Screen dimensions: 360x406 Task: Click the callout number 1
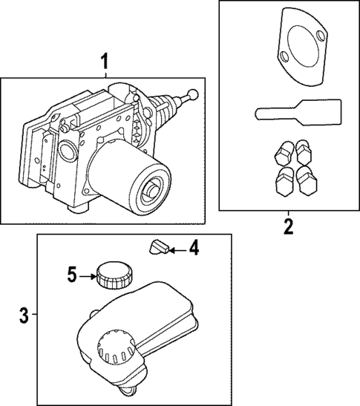click(x=104, y=61)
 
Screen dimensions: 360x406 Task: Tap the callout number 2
click(x=289, y=226)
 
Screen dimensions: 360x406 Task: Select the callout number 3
click(x=24, y=315)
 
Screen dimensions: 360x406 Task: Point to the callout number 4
click(x=194, y=248)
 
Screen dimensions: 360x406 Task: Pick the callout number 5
click(x=72, y=275)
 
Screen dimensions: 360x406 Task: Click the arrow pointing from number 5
click(x=88, y=277)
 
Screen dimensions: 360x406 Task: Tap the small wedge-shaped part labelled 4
click(x=159, y=247)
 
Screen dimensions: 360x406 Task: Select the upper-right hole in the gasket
click(x=321, y=36)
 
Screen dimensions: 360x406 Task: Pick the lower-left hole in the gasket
click(x=285, y=56)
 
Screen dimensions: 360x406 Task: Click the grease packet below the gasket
click(x=298, y=113)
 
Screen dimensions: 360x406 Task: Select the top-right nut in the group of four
click(x=304, y=152)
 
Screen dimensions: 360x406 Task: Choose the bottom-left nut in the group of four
click(x=285, y=182)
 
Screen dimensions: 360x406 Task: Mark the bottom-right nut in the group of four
click(x=307, y=180)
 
